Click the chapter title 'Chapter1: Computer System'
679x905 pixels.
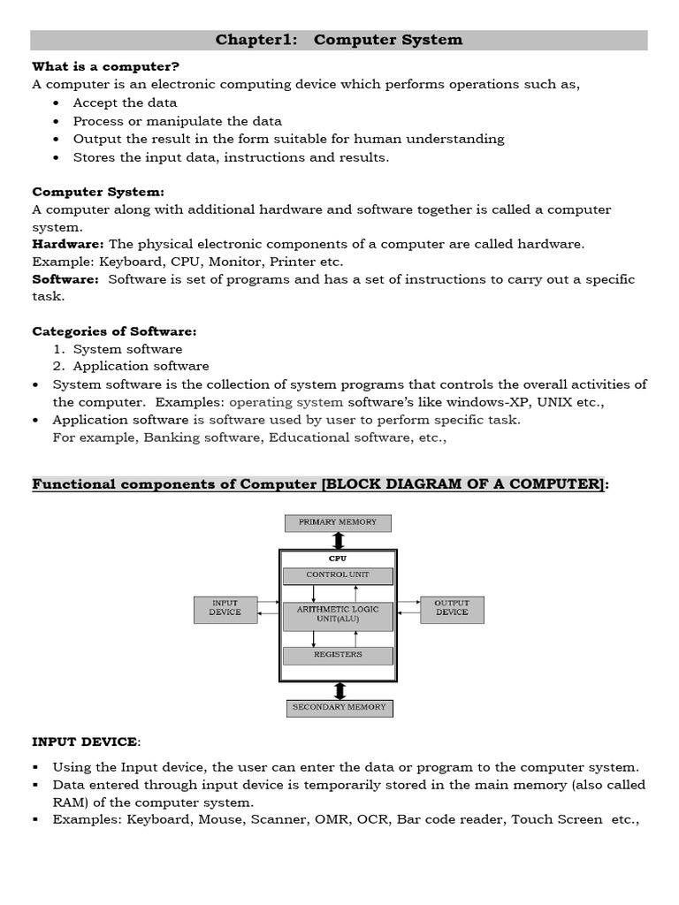click(x=339, y=40)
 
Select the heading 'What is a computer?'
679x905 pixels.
click(x=105, y=66)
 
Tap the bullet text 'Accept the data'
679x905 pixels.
click(x=125, y=103)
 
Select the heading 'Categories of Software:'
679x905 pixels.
click(x=114, y=331)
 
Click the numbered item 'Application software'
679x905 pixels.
click(x=141, y=366)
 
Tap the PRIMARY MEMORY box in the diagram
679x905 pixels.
click(x=338, y=522)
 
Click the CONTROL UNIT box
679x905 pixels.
click(x=338, y=575)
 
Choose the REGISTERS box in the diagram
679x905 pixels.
click(x=338, y=656)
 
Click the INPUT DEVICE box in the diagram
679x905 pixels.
click(x=225, y=608)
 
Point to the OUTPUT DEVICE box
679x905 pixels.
click(x=452, y=608)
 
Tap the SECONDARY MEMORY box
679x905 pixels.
click(x=339, y=708)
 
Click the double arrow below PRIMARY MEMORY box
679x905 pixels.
click(x=338, y=540)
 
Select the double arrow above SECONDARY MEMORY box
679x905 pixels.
click(x=338, y=690)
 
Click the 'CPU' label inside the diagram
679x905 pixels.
click(x=338, y=559)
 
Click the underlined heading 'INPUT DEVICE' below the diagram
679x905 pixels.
click(x=85, y=741)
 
